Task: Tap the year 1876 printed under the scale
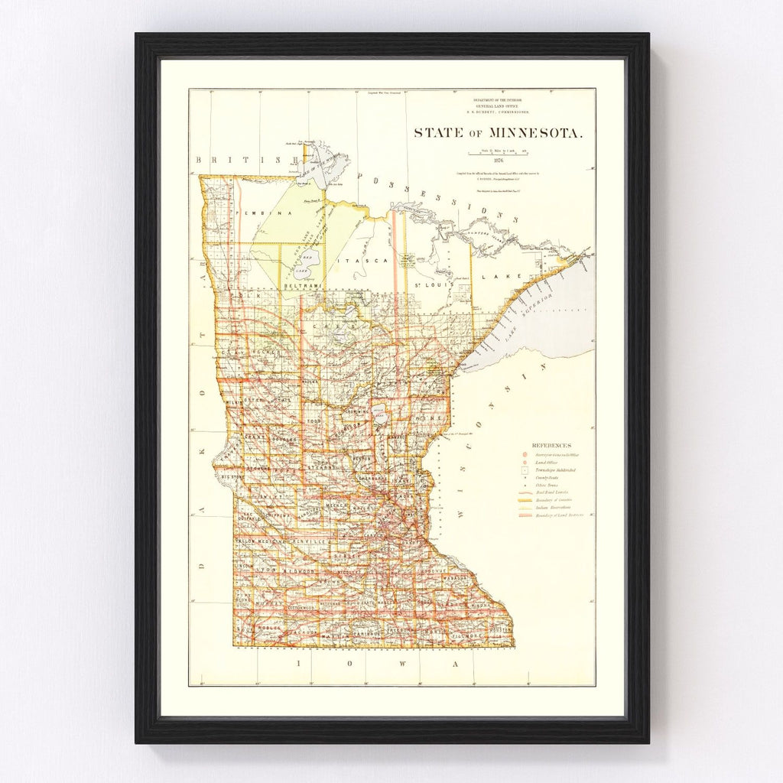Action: (499, 160)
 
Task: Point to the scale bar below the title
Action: (499, 152)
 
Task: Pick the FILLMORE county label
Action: (466, 635)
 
